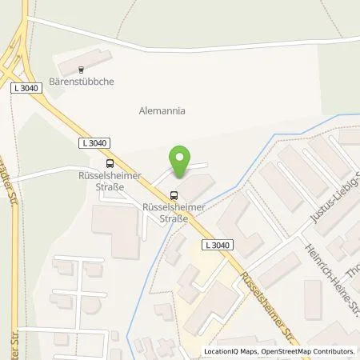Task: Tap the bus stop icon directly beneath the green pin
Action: coord(174,194)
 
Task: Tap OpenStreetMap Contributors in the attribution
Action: coord(310,351)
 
